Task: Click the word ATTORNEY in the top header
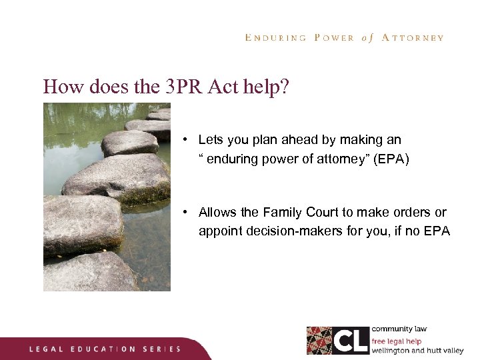(412, 38)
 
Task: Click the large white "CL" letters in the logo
(350, 340)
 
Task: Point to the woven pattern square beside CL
(319, 340)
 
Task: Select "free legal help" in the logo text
(397, 341)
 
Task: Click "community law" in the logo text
(399, 329)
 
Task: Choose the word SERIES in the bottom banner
(162, 349)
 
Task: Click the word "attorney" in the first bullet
(316, 159)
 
